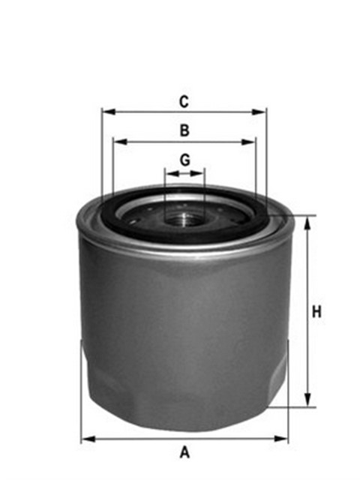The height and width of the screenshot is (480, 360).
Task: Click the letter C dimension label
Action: [x=184, y=100]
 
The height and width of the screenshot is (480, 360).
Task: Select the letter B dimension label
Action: [x=184, y=130]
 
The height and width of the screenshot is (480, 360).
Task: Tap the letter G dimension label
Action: [x=184, y=160]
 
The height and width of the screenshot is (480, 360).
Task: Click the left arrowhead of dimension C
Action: [x=106, y=112]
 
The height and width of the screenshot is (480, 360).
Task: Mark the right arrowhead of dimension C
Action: [x=262, y=112]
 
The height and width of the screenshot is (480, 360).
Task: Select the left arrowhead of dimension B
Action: [x=116, y=142]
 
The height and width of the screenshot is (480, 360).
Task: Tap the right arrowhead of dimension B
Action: [x=252, y=142]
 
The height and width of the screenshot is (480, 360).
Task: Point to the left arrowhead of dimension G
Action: [x=169, y=172]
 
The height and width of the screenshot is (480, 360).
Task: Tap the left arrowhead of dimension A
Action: [x=85, y=438]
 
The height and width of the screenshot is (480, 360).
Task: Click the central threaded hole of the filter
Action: [x=184, y=218]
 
